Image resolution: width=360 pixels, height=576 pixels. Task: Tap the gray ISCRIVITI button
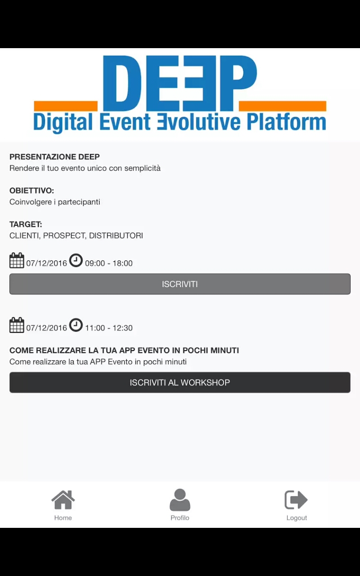point(180,284)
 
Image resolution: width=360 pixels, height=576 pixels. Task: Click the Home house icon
point(63,499)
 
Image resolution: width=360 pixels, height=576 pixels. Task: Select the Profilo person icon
point(180,499)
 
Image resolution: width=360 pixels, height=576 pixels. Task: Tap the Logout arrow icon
point(296,499)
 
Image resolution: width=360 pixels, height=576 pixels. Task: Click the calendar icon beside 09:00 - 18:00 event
point(17,261)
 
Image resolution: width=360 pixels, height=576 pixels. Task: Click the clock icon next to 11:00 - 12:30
point(76,325)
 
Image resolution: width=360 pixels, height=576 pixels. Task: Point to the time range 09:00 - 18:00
point(109,263)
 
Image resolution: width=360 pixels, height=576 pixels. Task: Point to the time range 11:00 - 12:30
point(109,328)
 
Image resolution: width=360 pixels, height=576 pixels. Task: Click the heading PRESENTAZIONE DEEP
point(54,157)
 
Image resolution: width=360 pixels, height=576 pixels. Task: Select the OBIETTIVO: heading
point(31,190)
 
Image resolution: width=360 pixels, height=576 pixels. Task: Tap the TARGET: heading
point(26,224)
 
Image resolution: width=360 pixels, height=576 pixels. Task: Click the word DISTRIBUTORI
point(116,235)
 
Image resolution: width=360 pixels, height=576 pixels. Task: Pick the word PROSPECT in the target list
point(64,235)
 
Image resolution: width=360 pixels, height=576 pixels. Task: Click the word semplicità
point(143,168)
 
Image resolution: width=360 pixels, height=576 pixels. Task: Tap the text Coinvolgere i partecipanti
point(55,202)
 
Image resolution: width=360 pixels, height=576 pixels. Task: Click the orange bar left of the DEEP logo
point(66,106)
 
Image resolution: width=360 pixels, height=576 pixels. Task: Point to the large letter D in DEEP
point(122,83)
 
